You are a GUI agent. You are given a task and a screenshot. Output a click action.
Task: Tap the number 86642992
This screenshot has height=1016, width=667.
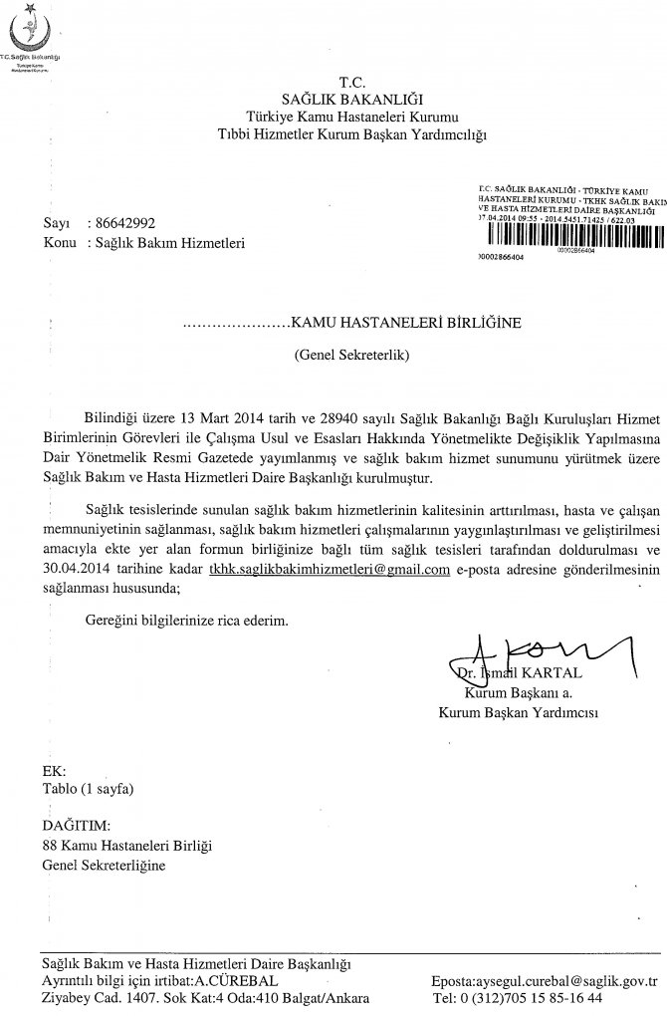(x=122, y=224)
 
